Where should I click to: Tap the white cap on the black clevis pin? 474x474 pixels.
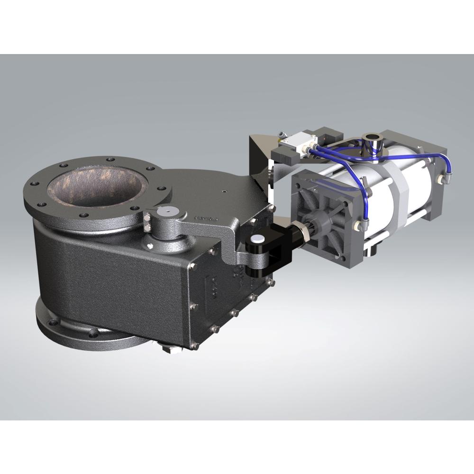pos(258,238)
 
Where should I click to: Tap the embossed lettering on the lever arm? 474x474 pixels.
pos(204,219)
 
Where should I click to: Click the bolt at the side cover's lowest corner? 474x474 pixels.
pos(194,345)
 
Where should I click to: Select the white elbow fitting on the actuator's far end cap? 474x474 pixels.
pos(444,179)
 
